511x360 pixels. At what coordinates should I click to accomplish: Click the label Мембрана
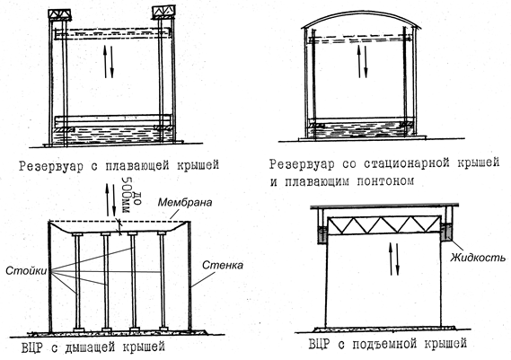185,202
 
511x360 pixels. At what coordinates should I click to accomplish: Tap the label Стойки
26,271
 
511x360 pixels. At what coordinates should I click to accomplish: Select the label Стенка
223,265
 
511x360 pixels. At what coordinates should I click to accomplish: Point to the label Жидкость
479,258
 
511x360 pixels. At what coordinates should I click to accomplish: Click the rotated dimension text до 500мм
129,195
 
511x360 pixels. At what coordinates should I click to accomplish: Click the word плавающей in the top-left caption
137,165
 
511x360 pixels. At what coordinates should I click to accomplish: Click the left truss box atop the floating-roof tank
59,14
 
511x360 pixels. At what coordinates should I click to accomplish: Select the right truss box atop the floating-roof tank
164,12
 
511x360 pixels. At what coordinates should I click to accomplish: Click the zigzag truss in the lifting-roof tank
384,225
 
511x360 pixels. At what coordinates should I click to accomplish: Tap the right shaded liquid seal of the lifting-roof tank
446,232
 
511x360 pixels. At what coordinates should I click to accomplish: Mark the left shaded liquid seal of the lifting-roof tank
322,235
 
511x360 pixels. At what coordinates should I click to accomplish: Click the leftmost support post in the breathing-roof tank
77,282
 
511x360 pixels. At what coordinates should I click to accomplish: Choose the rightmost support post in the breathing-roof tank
163,281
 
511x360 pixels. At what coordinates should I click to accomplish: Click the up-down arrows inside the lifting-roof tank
393,259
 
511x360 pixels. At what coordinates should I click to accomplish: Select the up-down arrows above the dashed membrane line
110,200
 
